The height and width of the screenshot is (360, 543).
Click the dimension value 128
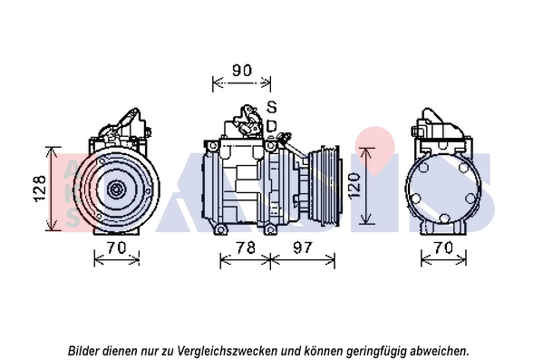[40, 188]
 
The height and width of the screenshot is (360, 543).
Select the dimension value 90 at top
[242, 71]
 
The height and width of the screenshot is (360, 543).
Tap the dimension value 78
[246, 248]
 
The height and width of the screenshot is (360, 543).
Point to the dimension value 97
[303, 248]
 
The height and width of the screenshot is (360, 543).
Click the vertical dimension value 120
[354, 186]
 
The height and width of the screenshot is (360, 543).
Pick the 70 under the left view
[116, 248]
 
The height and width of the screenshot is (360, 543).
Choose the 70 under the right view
[443, 248]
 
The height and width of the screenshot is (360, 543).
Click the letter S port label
[272, 107]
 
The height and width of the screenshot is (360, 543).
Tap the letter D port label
[272, 126]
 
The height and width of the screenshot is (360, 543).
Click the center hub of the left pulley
[115, 190]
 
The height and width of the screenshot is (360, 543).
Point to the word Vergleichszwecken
[228, 351]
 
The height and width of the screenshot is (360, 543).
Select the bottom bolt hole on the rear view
[444, 219]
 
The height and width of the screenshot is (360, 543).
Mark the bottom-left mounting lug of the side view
[220, 229]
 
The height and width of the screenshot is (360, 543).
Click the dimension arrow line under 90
[241, 83]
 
